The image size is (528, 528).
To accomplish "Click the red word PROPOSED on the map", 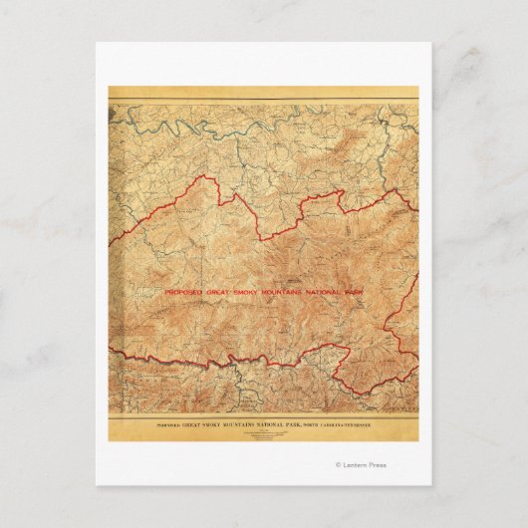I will coord(183,292).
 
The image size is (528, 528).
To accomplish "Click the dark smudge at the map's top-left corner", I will coord(113,103).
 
